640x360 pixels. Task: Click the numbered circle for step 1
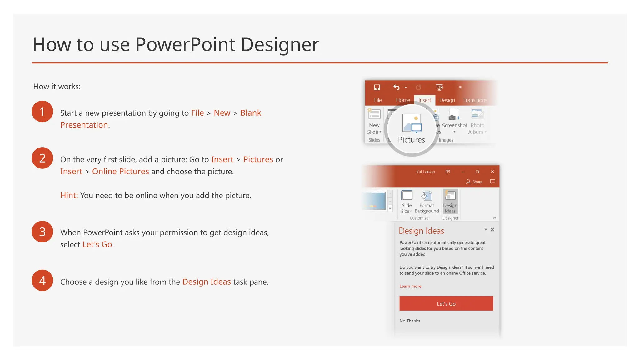42,112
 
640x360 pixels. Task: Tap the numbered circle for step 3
42,232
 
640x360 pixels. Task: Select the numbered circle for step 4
42,280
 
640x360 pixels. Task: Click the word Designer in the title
280,44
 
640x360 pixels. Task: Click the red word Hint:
69,195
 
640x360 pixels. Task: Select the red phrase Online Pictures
120,171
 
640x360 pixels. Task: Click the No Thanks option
409,321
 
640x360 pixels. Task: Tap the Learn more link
410,286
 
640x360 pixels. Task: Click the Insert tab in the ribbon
424,100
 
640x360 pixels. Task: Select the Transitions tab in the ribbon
475,100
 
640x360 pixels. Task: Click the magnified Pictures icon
412,124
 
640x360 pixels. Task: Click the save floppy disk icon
377,87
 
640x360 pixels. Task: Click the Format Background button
427,202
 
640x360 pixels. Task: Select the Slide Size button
407,202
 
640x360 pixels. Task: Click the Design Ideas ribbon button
450,202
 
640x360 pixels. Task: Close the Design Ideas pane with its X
492,230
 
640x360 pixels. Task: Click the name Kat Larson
425,172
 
